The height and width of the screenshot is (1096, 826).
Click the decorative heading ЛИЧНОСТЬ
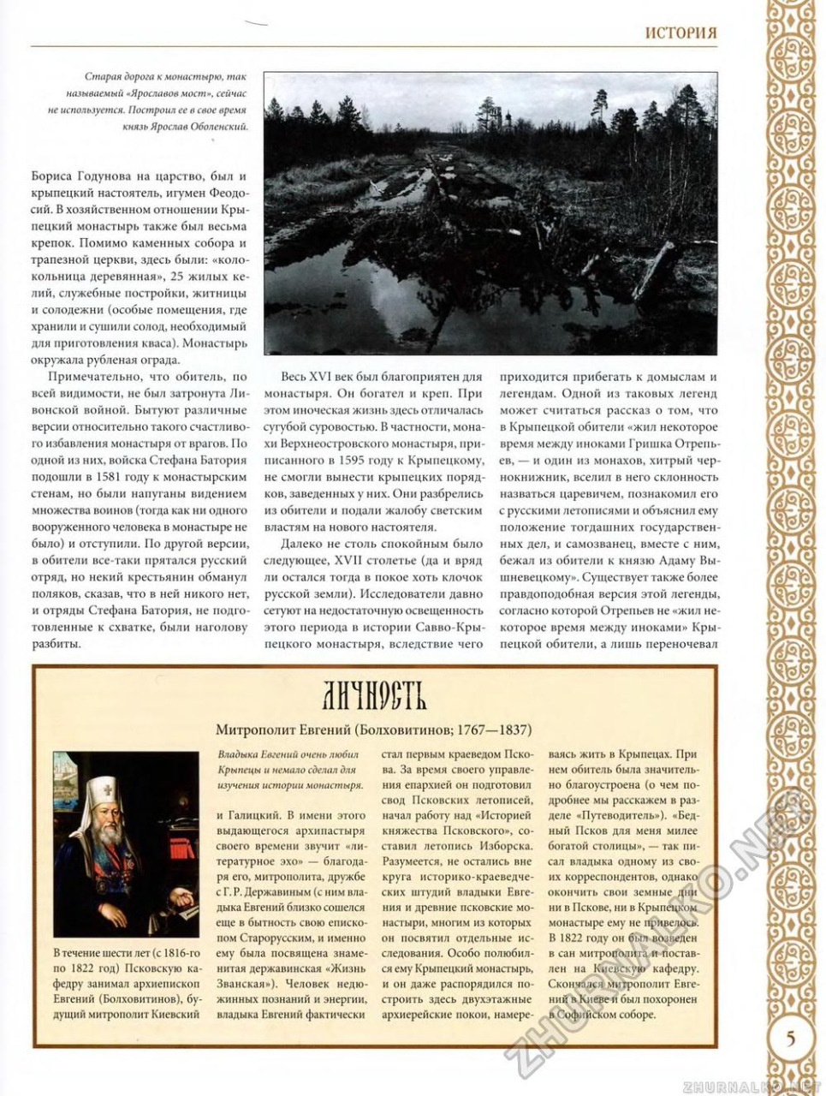375,698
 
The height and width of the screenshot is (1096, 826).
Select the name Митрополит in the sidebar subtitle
254,730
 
